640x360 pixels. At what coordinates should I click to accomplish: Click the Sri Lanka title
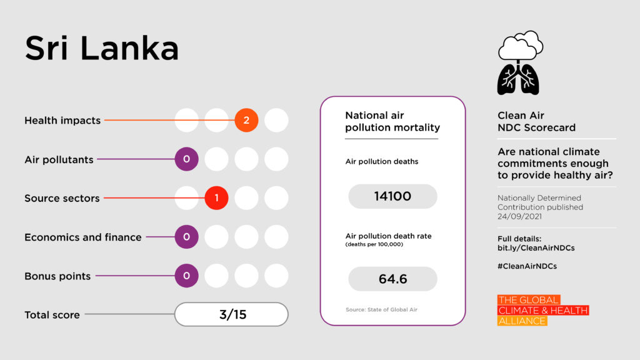click(102, 48)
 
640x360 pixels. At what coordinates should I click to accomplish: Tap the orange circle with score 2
click(246, 120)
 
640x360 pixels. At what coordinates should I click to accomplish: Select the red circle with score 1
click(216, 198)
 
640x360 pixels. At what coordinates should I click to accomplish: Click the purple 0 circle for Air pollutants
click(186, 159)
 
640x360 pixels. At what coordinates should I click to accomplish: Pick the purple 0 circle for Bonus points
click(186, 276)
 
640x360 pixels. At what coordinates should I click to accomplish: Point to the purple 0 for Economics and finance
click(186, 237)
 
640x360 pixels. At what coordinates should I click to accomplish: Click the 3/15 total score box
click(231, 314)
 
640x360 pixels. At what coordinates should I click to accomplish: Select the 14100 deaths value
click(392, 196)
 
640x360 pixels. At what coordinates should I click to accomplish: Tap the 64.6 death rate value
click(392, 279)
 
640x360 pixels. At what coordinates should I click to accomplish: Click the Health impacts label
click(62, 121)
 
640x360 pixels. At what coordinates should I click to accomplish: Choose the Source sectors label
click(62, 198)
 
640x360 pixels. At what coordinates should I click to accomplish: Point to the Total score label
click(52, 315)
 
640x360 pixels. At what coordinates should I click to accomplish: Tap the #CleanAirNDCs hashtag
click(527, 266)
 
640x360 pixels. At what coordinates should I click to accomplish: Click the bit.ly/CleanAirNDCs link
click(536, 248)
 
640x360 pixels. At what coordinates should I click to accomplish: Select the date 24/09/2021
click(521, 216)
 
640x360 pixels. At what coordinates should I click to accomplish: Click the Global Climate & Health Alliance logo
click(542, 311)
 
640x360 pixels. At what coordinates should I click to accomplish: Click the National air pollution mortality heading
click(392, 121)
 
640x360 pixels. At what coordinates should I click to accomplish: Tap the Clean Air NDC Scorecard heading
click(536, 121)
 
